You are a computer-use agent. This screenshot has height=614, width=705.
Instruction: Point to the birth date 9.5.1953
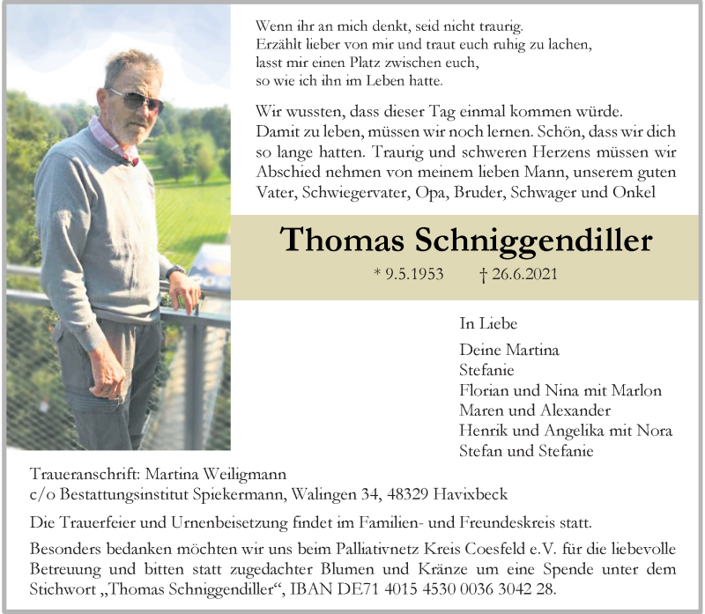pyautogui.click(x=414, y=274)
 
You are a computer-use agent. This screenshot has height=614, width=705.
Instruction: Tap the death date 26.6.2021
pyautogui.click(x=523, y=274)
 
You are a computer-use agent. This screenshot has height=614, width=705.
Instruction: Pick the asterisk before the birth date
pyautogui.click(x=377, y=272)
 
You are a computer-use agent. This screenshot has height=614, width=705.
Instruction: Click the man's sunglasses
pyautogui.click(x=137, y=99)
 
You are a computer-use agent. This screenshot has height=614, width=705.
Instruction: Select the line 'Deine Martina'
pyautogui.click(x=509, y=350)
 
